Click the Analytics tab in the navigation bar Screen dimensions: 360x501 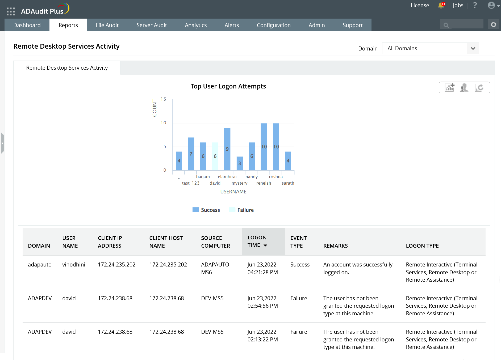pyautogui.click(x=196, y=25)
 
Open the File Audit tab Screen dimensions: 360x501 pyautogui.click(x=107, y=25)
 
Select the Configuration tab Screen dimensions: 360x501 pyautogui.click(x=274, y=25)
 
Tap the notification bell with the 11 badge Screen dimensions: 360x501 pyautogui.click(x=441, y=5)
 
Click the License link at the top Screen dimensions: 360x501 pyautogui.click(x=420, y=5)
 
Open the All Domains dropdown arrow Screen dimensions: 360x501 pyautogui.click(x=473, y=48)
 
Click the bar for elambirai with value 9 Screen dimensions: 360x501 pyautogui.click(x=227, y=149)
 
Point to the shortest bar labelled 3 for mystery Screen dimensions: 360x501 pyautogui.click(x=240, y=163)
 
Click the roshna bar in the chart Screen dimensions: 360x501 pyautogui.click(x=276, y=147)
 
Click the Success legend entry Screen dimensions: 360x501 pyautogui.click(x=206, y=210)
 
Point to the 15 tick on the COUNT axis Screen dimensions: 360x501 pyautogui.click(x=163, y=99)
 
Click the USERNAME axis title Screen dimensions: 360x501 pyautogui.click(x=233, y=192)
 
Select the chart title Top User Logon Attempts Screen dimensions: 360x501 pyautogui.click(x=228, y=86)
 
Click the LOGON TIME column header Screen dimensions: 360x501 pyautogui.click(x=257, y=241)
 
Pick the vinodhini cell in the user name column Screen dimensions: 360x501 pyautogui.click(x=74, y=265)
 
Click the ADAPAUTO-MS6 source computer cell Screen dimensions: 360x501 pyautogui.click(x=216, y=268)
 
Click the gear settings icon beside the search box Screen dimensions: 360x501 pyautogui.click(x=494, y=25)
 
